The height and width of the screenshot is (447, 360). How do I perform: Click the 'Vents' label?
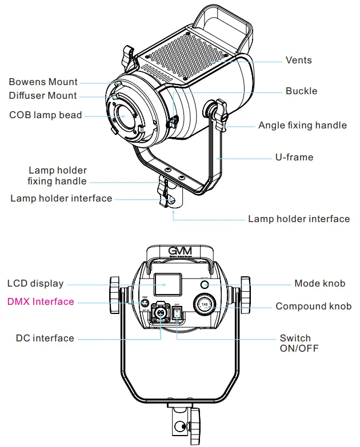point(299,60)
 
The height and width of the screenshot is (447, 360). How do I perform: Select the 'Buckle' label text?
point(301,91)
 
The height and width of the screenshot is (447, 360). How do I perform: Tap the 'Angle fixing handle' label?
point(302,125)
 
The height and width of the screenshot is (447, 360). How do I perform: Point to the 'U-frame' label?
point(294,157)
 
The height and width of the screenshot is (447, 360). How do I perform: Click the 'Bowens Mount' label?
point(43,82)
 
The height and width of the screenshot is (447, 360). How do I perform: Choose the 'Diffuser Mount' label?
point(43,95)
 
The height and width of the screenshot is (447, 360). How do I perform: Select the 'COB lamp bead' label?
point(46,115)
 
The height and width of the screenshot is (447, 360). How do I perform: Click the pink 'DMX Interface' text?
point(40,301)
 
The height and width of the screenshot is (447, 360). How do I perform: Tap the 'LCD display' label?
point(35,283)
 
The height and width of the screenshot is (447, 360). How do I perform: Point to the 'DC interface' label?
point(45,338)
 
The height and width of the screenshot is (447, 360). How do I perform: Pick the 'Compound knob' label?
point(314,307)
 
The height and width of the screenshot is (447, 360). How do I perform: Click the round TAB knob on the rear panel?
point(204,304)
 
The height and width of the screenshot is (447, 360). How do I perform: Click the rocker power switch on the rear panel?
point(177,313)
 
